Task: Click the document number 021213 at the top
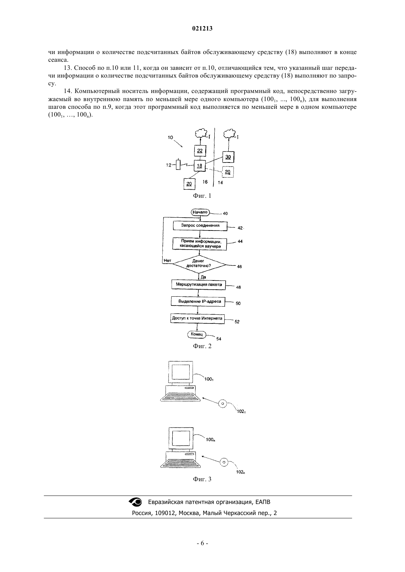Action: point(202,29)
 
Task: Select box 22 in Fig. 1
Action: point(200,151)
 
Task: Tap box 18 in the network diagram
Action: point(200,166)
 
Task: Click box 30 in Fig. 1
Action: point(228,157)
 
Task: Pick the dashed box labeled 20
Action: point(228,172)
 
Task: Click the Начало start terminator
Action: point(200,212)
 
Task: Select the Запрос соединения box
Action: point(200,226)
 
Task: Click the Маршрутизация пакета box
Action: point(199,285)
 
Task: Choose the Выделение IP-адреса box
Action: point(198,301)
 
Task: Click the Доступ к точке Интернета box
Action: point(197,319)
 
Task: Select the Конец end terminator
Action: point(197,334)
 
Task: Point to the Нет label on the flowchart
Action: point(168,261)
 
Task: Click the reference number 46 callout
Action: point(239,267)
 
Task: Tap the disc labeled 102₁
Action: point(223,404)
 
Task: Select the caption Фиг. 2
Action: point(202,346)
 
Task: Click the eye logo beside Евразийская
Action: point(135,502)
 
